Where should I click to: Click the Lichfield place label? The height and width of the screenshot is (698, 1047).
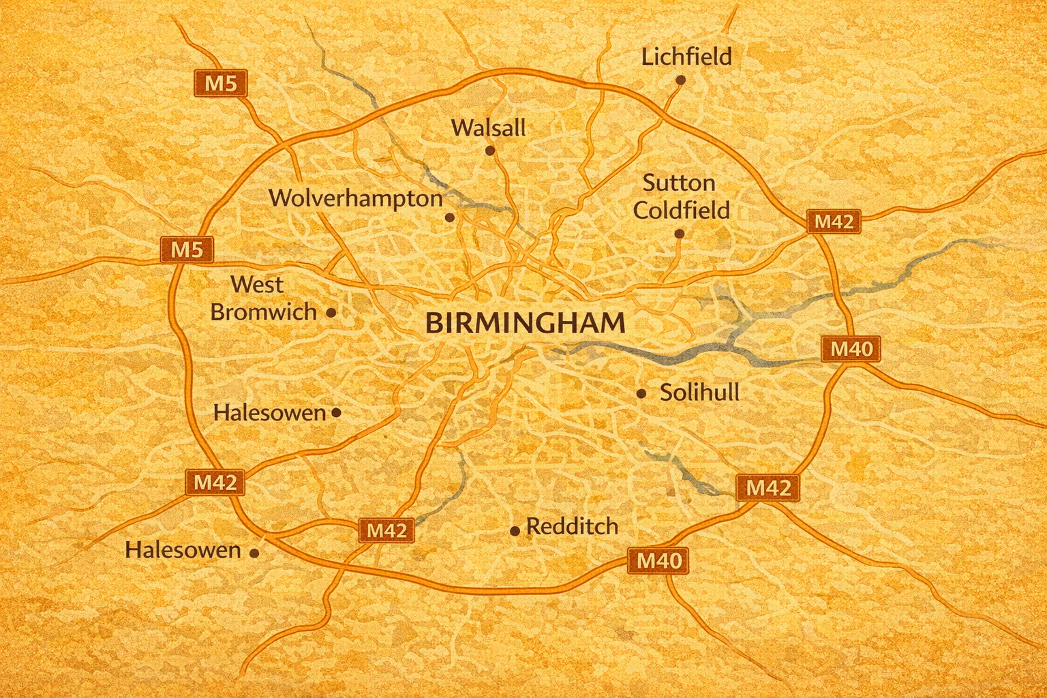686,57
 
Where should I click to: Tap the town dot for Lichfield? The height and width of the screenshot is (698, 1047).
680,80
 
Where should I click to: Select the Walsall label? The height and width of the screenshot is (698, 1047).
488,127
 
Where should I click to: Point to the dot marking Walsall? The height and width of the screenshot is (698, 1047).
489,150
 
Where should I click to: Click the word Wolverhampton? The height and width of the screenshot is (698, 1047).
356,198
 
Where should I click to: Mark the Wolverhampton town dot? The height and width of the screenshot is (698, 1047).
449,217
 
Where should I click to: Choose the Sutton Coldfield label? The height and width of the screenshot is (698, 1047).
681,196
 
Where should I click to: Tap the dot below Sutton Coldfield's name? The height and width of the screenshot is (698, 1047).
679,234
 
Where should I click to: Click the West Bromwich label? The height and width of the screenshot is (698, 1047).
263,298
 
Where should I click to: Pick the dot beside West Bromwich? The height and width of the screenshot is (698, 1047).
331,313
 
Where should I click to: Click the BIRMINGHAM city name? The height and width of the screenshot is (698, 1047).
525,323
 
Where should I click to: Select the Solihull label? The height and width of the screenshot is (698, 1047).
699,393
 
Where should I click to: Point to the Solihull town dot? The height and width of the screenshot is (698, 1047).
641,393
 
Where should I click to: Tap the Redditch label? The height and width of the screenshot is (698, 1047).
573,526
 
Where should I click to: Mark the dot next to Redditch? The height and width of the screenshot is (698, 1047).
515,531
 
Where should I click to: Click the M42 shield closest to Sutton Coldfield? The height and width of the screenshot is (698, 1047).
834,222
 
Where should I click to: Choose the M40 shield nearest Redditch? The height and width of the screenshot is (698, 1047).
658,560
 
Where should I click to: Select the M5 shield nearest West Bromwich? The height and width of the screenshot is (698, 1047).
187,249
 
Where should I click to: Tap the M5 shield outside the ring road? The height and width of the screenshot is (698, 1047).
221,83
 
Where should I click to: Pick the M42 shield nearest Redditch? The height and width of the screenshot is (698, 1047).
386,530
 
